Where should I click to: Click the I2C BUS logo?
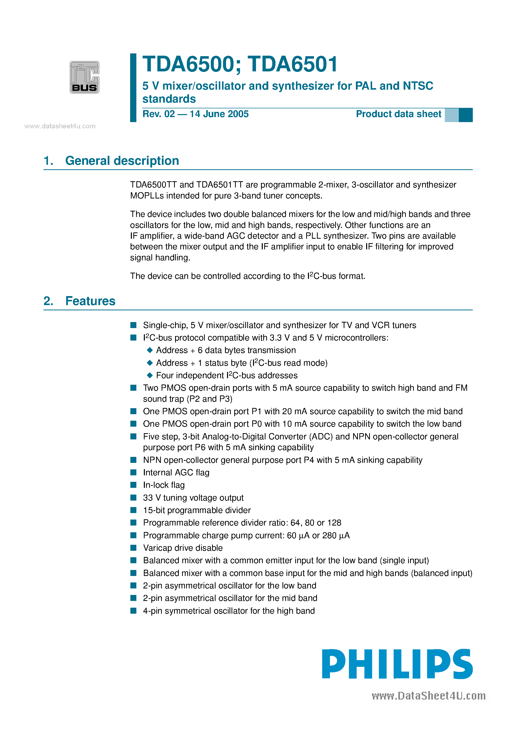84,77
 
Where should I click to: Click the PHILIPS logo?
397,664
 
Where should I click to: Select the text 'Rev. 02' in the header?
158,114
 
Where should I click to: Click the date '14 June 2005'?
219,114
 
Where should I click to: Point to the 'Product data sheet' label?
398,114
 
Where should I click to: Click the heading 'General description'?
122,161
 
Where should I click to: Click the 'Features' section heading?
90,301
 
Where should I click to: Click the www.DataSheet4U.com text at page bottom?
429,696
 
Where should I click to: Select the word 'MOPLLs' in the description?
147,196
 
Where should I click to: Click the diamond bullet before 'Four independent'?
150,375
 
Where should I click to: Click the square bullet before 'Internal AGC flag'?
133,472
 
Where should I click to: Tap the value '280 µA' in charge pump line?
336,536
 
